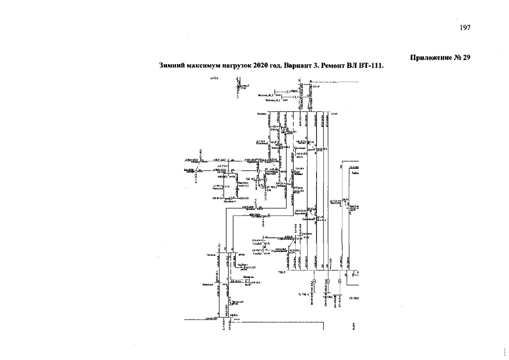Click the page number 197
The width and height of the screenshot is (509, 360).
[464, 28]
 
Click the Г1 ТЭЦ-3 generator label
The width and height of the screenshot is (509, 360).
[303, 294]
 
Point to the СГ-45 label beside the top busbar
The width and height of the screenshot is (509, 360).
[334, 114]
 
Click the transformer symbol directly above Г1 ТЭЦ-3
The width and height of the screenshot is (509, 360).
[313, 281]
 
